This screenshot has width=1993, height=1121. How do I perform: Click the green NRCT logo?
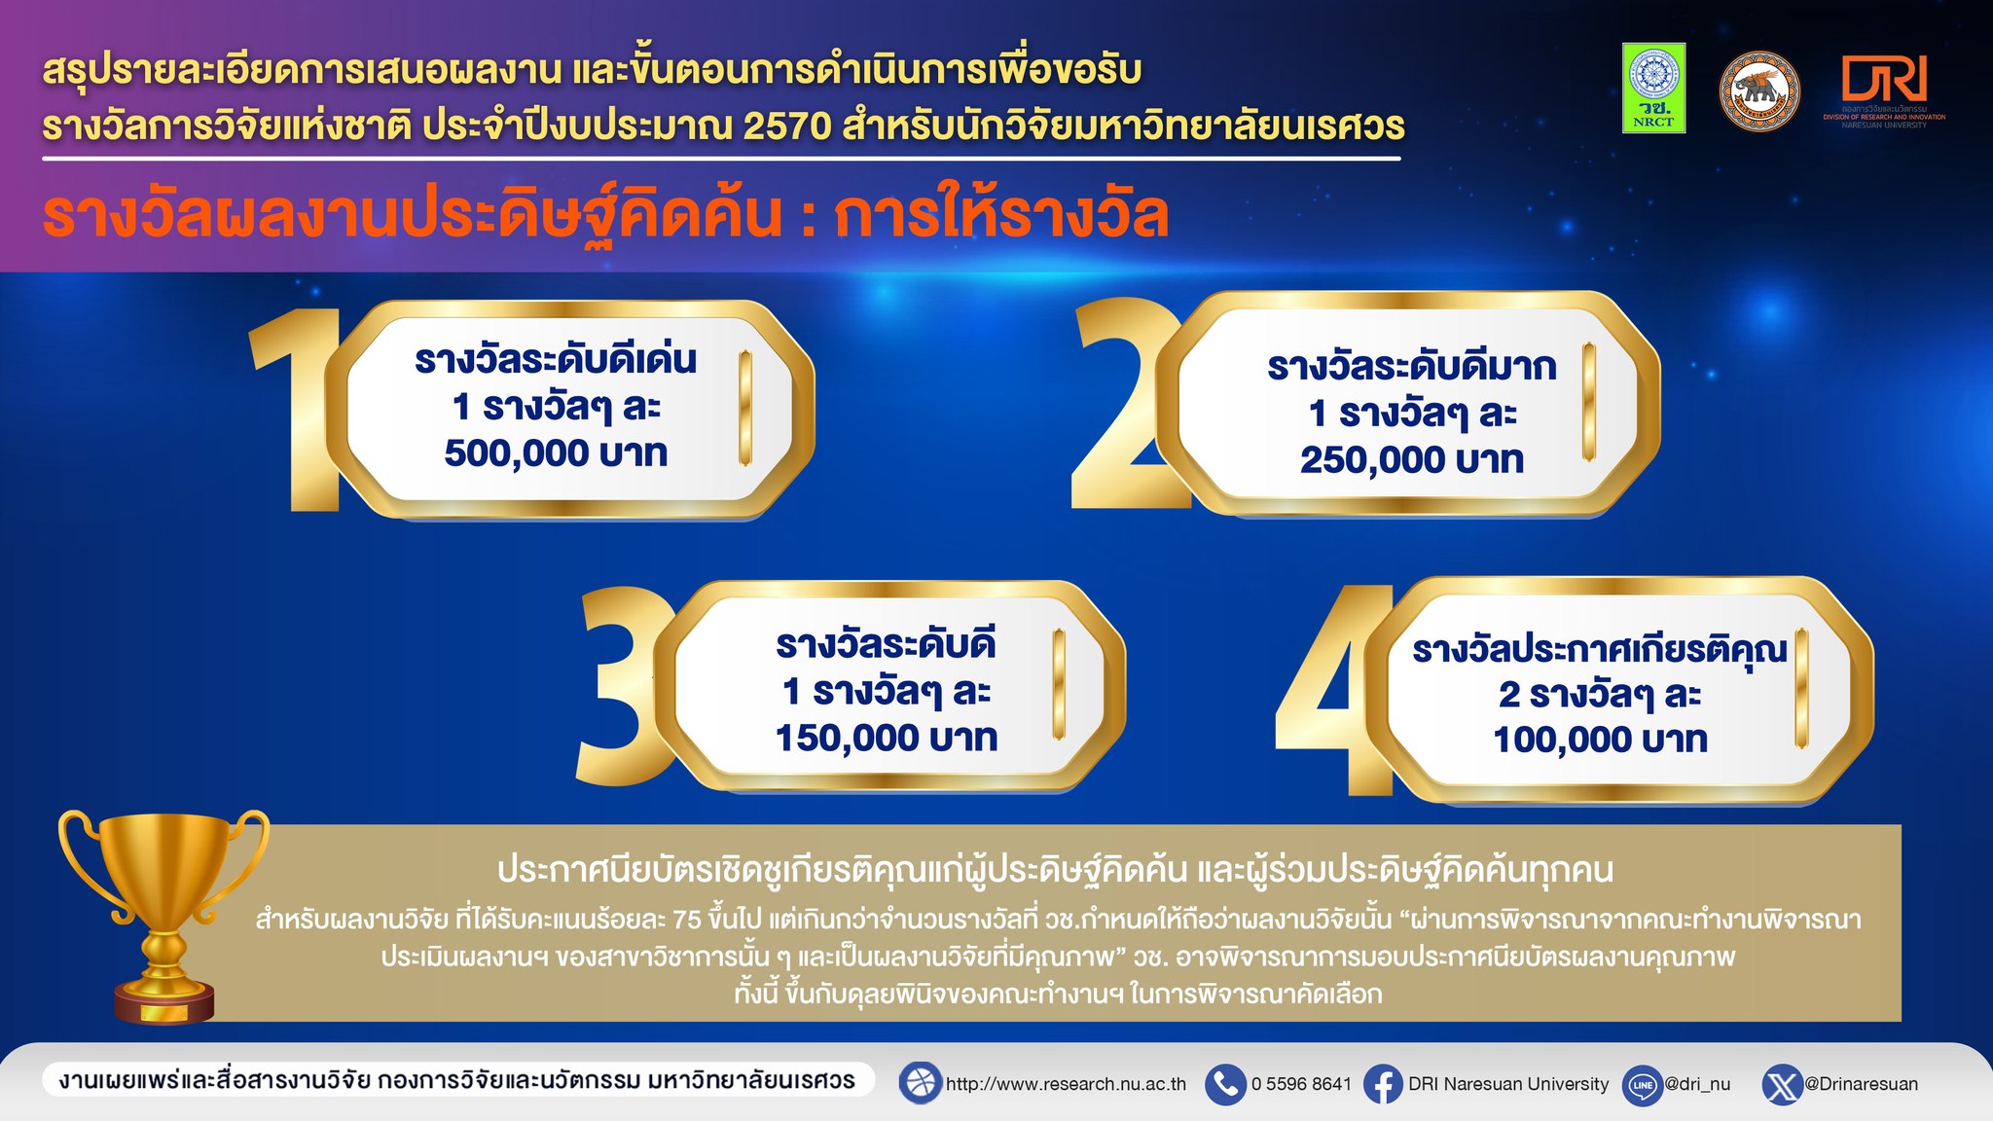coord(1653,88)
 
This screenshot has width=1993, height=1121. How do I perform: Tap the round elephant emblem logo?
coord(1759,91)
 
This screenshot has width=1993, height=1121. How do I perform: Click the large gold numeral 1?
coord(297,409)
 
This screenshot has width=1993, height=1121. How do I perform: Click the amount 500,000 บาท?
coord(556,453)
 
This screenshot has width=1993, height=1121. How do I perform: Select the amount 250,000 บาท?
coord(1412,460)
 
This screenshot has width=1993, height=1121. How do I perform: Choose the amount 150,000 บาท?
coord(887,738)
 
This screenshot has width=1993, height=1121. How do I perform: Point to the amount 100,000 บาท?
coord(1601,740)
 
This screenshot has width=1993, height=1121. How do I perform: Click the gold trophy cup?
coord(163,916)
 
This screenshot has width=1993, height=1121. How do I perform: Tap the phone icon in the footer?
coord(1225,1084)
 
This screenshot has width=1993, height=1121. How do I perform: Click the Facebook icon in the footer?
coord(1383,1084)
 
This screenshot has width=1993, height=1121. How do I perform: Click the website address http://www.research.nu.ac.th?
coord(1066,1084)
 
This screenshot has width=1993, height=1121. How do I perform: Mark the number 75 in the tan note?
coord(686,920)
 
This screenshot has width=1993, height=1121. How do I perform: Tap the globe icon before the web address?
coord(920,1083)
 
